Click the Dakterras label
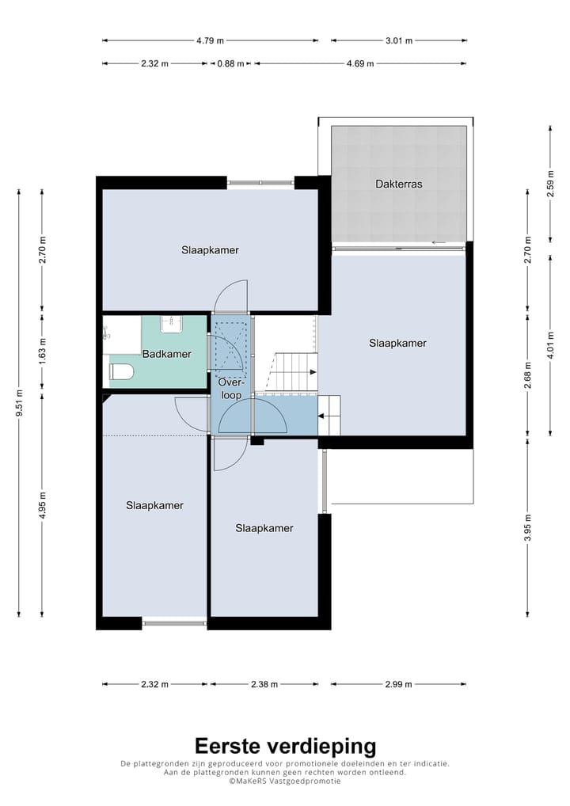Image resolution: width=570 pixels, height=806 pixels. click(x=398, y=184)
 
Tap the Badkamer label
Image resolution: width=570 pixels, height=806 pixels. click(x=166, y=354)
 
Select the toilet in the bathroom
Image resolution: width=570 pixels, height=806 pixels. click(x=122, y=371)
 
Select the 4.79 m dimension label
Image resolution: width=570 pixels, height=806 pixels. click(x=210, y=40)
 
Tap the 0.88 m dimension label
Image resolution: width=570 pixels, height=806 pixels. click(x=231, y=64)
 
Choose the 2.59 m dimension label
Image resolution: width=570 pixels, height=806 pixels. click(x=550, y=184)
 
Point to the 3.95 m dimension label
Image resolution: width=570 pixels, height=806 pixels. click(x=528, y=527)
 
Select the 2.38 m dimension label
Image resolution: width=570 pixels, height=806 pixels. click(x=264, y=684)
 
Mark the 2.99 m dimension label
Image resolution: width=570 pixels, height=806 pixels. click(x=398, y=684)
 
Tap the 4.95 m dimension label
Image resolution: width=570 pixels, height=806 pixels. click(x=42, y=506)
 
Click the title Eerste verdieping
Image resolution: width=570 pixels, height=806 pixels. click(x=285, y=746)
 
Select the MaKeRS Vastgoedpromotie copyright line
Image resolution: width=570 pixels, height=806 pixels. click(x=285, y=781)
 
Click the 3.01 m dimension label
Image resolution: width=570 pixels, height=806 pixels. click(x=399, y=40)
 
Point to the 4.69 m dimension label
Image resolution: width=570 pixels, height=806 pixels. click(x=359, y=64)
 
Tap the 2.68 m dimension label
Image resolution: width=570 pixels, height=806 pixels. click(x=528, y=376)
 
